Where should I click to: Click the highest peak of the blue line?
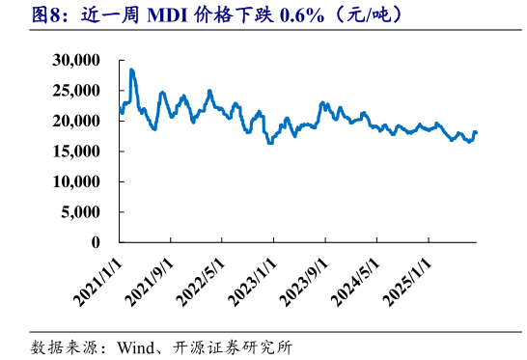click(x=131, y=69)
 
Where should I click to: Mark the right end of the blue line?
click(x=476, y=132)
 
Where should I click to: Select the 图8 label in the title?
click(x=22, y=16)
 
